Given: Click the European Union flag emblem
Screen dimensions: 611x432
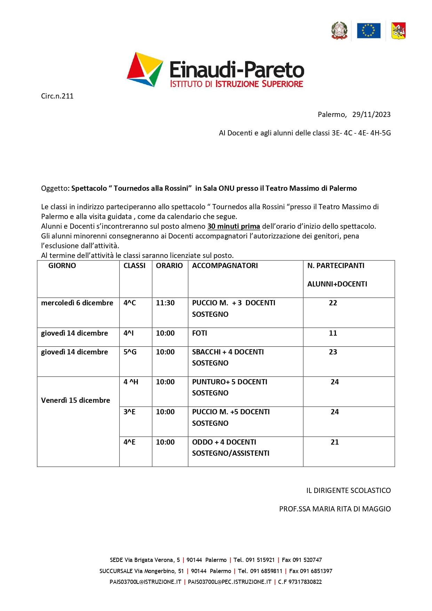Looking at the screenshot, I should point(368,31).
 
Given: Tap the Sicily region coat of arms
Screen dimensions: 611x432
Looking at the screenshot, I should point(399,31).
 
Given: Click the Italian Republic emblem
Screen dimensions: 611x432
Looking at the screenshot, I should point(339,31).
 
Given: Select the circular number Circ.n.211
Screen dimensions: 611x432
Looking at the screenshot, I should point(57,96).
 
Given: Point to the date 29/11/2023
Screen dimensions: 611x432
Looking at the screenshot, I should point(371,115).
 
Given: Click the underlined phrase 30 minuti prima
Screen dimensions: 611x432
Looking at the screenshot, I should point(234,226).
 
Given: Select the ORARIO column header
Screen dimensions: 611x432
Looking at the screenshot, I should point(169,266).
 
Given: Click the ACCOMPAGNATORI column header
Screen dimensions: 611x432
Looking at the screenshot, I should point(225,266).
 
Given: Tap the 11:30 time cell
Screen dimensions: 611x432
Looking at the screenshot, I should point(165,303).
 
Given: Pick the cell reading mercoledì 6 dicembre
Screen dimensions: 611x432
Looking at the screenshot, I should point(77,303).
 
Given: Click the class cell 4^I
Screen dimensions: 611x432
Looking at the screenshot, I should point(128,333).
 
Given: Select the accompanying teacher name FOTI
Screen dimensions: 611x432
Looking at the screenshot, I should point(199,333).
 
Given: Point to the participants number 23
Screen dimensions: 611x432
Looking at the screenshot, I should point(333,352).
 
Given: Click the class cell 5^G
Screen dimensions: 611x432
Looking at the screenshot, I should point(130,352).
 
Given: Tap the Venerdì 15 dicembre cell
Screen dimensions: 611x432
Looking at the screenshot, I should point(76,400).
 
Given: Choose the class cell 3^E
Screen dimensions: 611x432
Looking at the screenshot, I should point(129,412).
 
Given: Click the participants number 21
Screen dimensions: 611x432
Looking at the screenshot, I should point(335,442).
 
